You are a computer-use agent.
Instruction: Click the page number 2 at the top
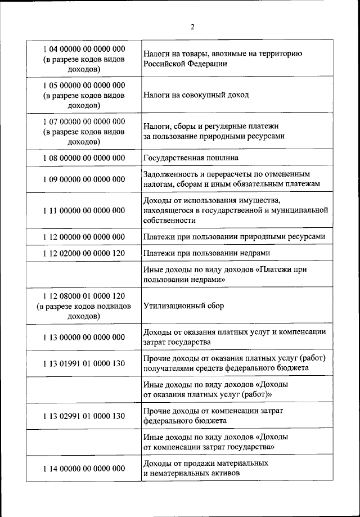pyautogui.click(x=192, y=26)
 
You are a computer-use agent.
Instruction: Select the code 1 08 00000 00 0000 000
pyautogui.click(x=83, y=158)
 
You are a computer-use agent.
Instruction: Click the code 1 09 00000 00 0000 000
pyautogui.click(x=83, y=179)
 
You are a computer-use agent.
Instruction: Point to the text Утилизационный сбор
pyautogui.click(x=183, y=306)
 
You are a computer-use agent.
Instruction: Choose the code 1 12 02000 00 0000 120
pyautogui.click(x=83, y=253)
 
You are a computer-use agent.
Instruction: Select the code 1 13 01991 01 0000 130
pyautogui.click(x=83, y=363)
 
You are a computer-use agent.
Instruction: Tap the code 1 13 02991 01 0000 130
pyautogui.click(x=83, y=416)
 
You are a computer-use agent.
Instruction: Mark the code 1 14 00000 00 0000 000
pyautogui.click(x=83, y=468)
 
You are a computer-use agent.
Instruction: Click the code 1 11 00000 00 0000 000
pyautogui.click(x=83, y=210)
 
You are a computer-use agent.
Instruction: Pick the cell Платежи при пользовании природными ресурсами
pyautogui.click(x=234, y=237)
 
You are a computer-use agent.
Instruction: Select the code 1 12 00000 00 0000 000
pyautogui.click(x=83, y=237)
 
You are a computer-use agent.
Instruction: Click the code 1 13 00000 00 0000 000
pyautogui.click(x=83, y=337)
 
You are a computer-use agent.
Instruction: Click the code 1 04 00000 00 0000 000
pyautogui.click(x=83, y=49)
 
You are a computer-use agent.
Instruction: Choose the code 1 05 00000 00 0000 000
pyautogui.click(x=83, y=85)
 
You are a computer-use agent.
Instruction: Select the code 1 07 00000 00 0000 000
pyautogui.click(x=83, y=121)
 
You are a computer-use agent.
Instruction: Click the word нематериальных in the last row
pyautogui.click(x=179, y=474)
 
